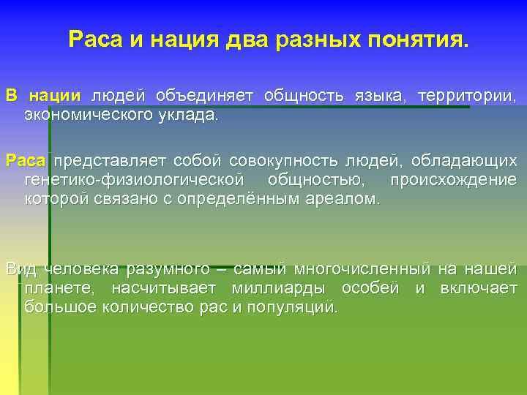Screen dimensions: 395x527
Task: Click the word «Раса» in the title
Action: (96, 39)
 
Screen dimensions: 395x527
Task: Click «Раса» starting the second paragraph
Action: (26, 159)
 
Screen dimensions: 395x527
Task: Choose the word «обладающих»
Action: (463, 159)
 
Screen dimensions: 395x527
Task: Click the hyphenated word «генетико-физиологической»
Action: (134, 179)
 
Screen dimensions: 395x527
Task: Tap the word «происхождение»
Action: (453, 179)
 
